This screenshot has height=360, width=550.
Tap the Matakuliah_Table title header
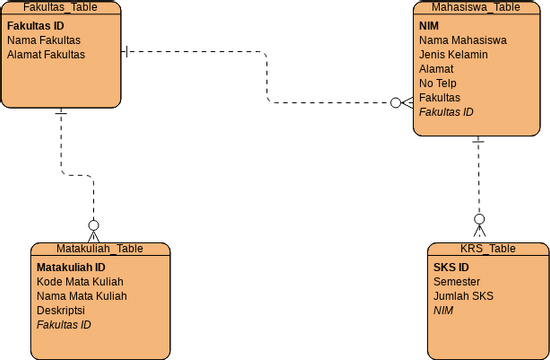[99, 248]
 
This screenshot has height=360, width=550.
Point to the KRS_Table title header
[488, 248]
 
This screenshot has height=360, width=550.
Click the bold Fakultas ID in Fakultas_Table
[35, 25]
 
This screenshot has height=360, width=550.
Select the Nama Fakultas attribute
[43, 40]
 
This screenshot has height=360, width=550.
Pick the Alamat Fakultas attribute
[46, 54]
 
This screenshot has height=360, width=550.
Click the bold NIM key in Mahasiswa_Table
[429, 25]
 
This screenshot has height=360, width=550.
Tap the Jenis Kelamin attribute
[453, 54]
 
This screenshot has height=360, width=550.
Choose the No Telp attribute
[437, 83]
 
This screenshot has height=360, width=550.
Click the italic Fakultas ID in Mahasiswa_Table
[446, 112]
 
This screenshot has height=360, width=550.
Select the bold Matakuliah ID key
[71, 268]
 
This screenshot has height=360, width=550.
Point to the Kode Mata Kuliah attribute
[80, 282]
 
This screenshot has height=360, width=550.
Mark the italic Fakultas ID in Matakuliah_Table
[64, 325]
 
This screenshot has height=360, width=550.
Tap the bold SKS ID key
[451, 268]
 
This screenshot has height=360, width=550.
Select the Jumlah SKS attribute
[463, 297]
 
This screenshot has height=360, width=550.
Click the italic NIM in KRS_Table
[443, 311]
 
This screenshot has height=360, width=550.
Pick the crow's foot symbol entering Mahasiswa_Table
[400, 102]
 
